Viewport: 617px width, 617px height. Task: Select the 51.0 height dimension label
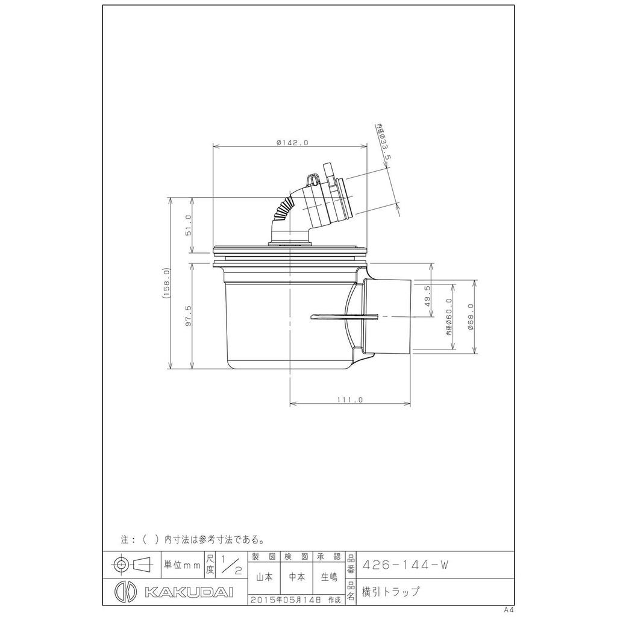click(x=188, y=225)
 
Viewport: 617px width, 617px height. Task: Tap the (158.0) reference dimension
click(x=166, y=283)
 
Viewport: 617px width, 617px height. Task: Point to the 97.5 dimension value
click(x=188, y=316)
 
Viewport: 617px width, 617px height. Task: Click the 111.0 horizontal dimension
click(x=350, y=400)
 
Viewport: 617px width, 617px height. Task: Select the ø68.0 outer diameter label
click(x=471, y=316)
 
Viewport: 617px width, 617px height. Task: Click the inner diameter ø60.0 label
click(x=449, y=316)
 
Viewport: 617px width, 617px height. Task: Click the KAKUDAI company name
click(x=189, y=592)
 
